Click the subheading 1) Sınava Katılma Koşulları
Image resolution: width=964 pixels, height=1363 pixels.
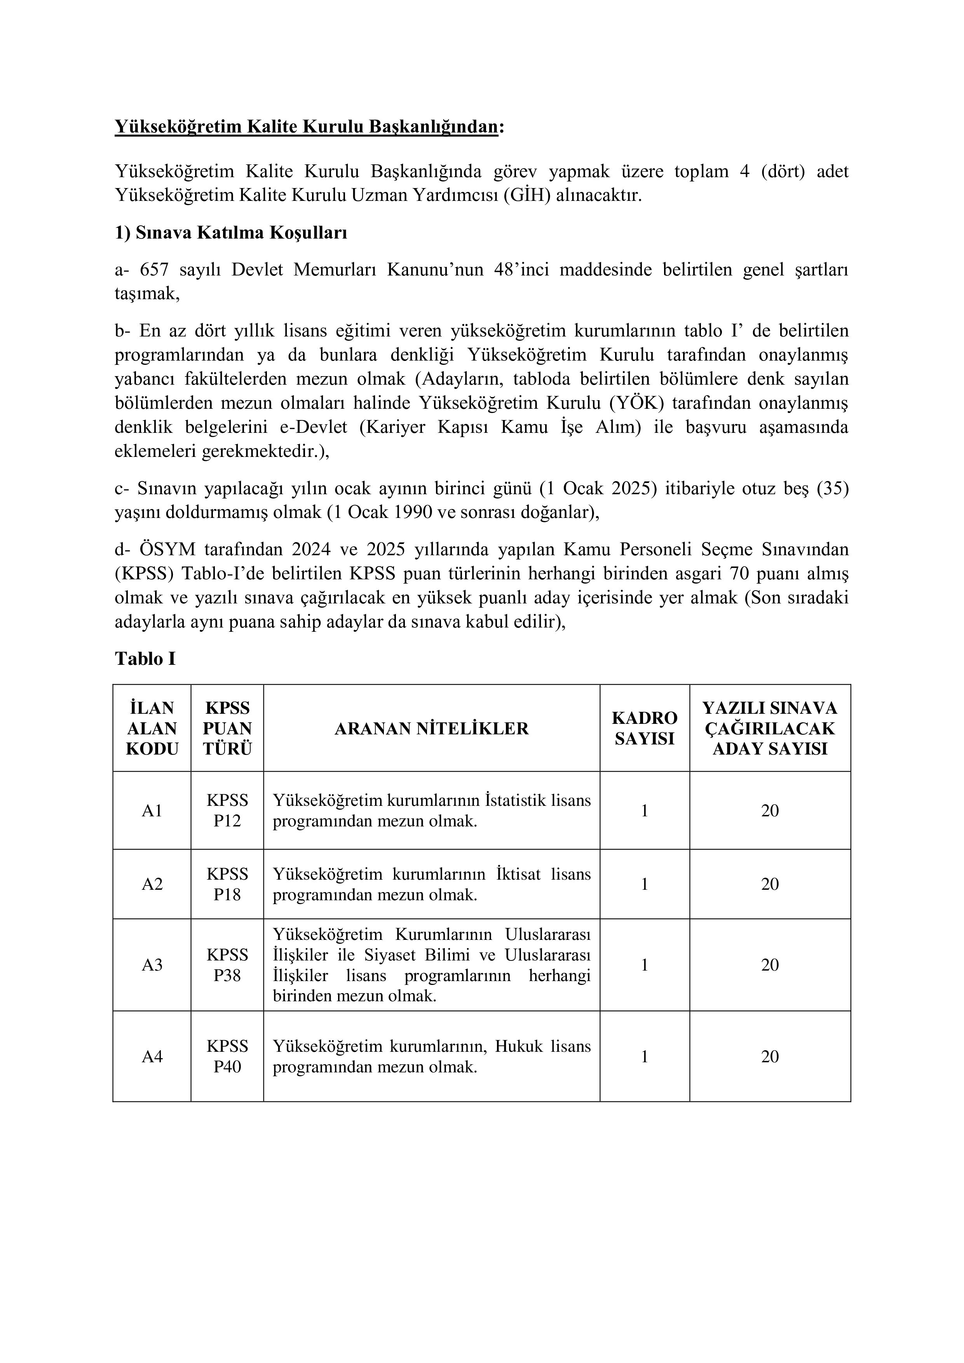tap(231, 233)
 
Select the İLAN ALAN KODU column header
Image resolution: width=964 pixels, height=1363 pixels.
tap(152, 729)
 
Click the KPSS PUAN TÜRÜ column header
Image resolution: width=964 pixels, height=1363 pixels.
tap(227, 729)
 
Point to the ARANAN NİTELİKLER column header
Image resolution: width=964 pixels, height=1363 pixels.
tap(432, 729)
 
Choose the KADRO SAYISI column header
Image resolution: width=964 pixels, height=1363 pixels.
tap(645, 729)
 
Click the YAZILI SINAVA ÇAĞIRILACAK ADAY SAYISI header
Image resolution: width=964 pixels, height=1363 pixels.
tap(770, 729)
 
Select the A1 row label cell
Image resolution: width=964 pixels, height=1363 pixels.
tap(152, 811)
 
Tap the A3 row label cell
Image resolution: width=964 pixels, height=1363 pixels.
tap(152, 965)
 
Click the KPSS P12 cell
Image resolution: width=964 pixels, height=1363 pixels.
tap(227, 811)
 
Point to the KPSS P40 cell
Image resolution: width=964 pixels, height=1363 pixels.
tap(227, 1057)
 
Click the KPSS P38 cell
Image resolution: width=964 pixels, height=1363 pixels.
tap(227, 965)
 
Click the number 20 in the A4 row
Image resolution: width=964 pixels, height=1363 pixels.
tap(770, 1057)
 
